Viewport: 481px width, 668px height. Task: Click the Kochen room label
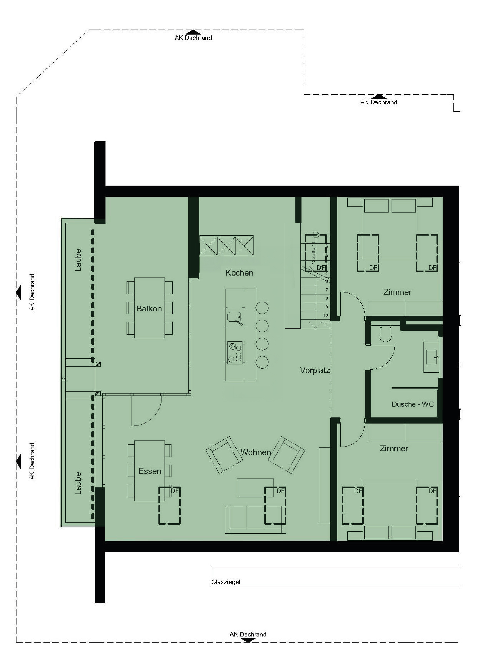(x=239, y=273)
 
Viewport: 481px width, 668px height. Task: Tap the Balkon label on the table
(x=149, y=309)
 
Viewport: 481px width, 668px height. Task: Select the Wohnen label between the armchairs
(x=255, y=452)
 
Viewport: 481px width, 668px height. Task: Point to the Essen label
(x=150, y=471)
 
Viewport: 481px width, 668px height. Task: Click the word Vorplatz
(x=315, y=371)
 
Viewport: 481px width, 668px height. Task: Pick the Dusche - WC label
(x=412, y=404)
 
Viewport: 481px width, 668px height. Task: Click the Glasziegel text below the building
(x=225, y=582)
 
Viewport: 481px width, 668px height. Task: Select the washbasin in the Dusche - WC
(x=431, y=357)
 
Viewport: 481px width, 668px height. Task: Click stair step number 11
(x=326, y=324)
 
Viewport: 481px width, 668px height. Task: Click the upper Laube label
(x=78, y=260)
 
